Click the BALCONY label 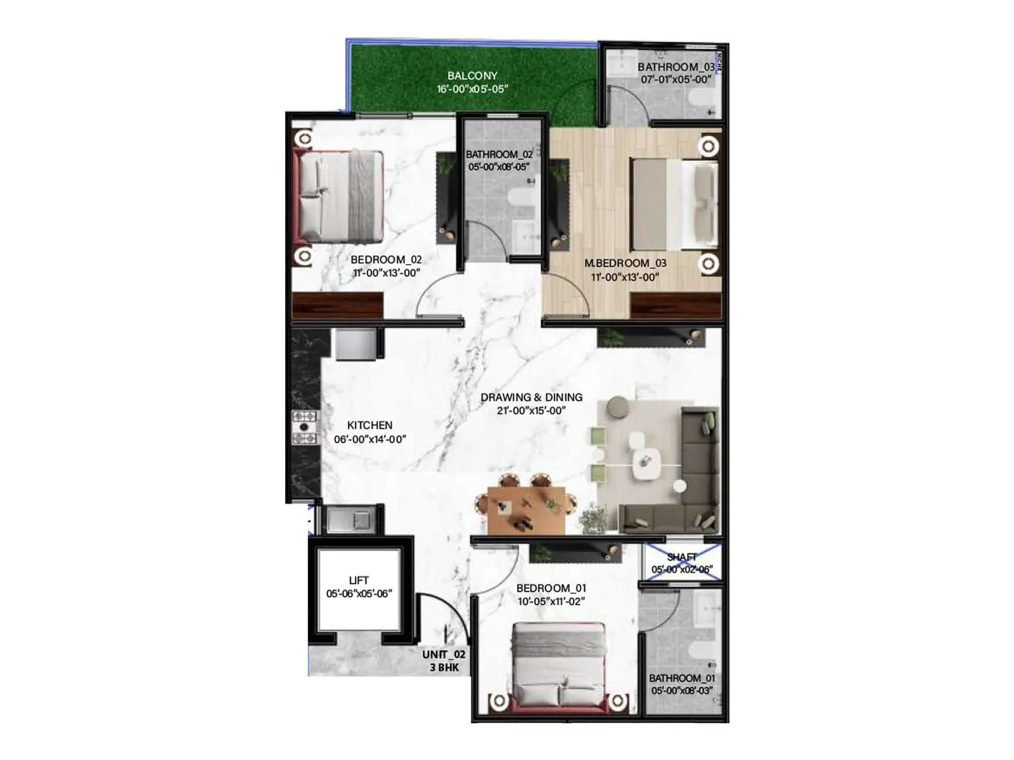[472, 75]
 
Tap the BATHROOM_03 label [676, 66]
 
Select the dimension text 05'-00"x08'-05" [499, 167]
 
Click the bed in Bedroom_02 [341, 195]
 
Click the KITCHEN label [369, 425]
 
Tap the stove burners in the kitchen [304, 427]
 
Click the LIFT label [359, 580]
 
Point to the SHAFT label [682, 557]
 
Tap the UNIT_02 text [444, 654]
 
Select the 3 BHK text [444, 668]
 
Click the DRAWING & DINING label [531, 397]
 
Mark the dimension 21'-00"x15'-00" [531, 410]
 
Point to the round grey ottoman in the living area [617, 408]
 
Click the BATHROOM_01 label [683, 678]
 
